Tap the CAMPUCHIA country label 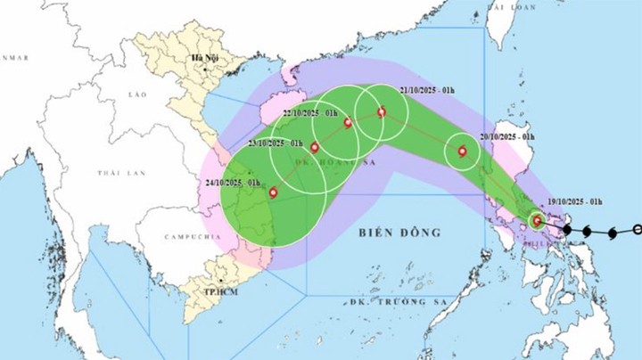(x=192, y=238)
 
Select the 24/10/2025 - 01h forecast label (x=232, y=183)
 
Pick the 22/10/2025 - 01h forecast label (x=310, y=114)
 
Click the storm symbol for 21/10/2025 (x=382, y=112)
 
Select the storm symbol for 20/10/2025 (x=462, y=151)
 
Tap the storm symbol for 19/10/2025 (x=536, y=220)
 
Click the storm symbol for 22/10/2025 (x=348, y=122)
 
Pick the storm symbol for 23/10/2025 (x=314, y=147)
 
